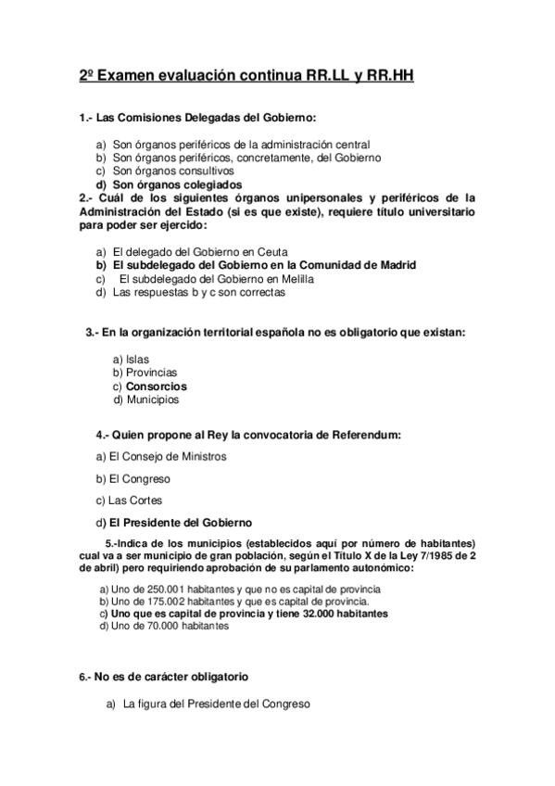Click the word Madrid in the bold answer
point(393,264)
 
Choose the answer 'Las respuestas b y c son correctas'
point(198,292)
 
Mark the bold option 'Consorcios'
point(156,386)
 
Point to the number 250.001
point(149,589)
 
